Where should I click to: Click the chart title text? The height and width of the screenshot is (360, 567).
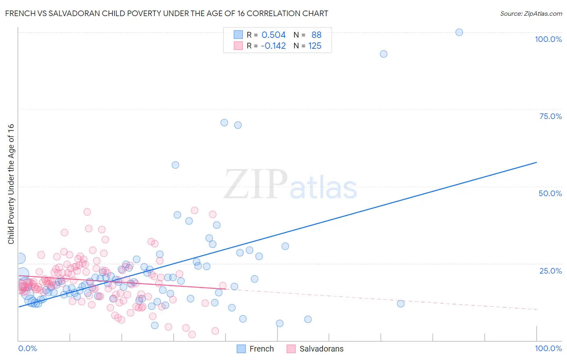pos(167,13)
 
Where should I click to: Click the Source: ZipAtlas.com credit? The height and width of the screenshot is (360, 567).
pos(531,13)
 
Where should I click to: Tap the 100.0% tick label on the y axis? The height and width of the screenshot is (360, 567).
pos(548,39)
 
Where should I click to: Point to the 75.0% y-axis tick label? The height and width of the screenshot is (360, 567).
pos(550,116)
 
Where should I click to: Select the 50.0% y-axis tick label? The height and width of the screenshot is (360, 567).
pos(550,193)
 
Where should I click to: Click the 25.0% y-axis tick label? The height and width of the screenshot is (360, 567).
pos(550,270)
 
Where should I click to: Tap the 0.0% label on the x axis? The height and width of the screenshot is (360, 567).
pos(27,348)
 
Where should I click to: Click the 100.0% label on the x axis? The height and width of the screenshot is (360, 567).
pos(548,348)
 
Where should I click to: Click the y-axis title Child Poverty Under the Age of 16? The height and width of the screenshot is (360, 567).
pos(11,184)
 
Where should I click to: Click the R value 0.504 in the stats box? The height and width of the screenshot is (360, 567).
pos(273,35)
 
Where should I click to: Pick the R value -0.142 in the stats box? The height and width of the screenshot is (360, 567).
pos(273,46)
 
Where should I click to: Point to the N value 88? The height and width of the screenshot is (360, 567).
pos(316,35)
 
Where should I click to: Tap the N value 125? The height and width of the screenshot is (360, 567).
pos(315,46)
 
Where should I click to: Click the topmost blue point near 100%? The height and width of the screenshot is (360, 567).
pos(459,32)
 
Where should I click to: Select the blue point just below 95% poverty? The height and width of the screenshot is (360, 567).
pos(384,54)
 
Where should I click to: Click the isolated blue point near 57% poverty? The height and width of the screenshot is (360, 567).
pos(175,165)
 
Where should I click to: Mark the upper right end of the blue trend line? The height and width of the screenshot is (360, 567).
pos(536,162)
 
